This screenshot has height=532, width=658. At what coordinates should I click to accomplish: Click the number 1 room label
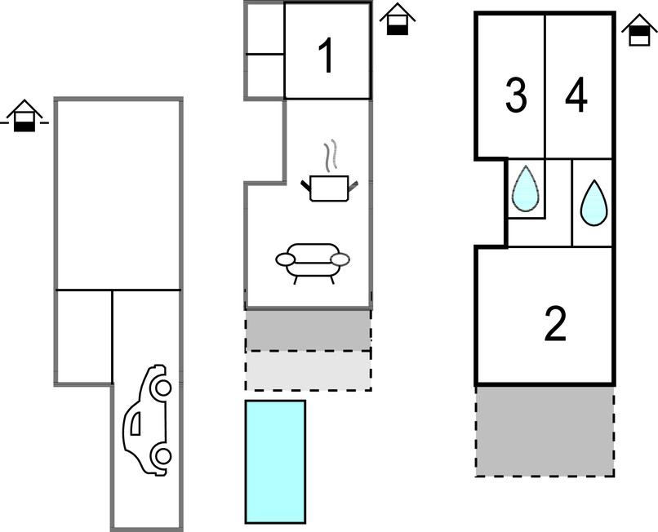(x=326, y=57)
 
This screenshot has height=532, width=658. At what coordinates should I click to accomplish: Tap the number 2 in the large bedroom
(x=555, y=326)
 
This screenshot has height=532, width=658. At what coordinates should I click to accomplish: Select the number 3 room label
(x=515, y=97)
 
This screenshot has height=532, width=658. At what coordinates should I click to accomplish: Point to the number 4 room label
(x=576, y=97)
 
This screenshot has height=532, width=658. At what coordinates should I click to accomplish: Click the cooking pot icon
(x=330, y=188)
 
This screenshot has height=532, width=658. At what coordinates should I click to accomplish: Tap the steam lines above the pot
(x=329, y=155)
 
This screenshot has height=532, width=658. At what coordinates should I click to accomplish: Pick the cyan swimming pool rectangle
(x=275, y=461)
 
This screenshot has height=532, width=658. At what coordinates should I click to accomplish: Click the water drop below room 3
(x=526, y=188)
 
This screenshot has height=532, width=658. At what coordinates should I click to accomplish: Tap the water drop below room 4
(x=594, y=202)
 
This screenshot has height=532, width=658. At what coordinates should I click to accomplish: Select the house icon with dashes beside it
(x=26, y=116)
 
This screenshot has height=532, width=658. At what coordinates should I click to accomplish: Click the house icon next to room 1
(x=398, y=20)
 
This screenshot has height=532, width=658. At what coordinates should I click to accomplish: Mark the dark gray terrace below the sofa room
(x=309, y=330)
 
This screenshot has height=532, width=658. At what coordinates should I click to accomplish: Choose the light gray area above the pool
(x=309, y=370)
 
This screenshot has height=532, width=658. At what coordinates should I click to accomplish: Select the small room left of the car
(x=83, y=336)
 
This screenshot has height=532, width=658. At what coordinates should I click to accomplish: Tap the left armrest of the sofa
(x=286, y=259)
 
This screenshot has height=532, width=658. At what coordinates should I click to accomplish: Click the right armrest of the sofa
(x=340, y=259)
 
